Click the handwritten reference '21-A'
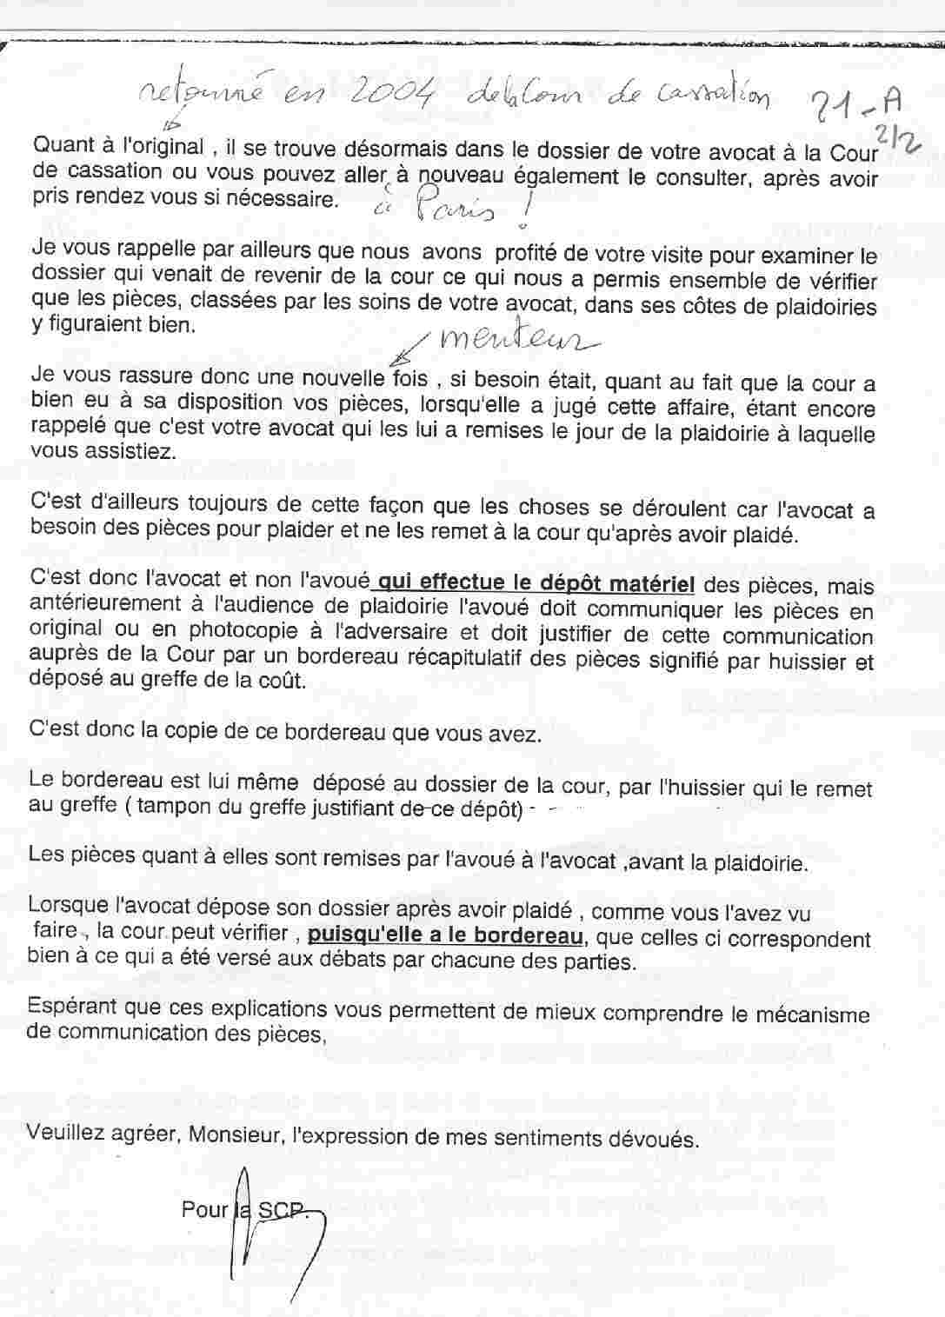click(x=851, y=107)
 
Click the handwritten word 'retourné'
click(x=196, y=97)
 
